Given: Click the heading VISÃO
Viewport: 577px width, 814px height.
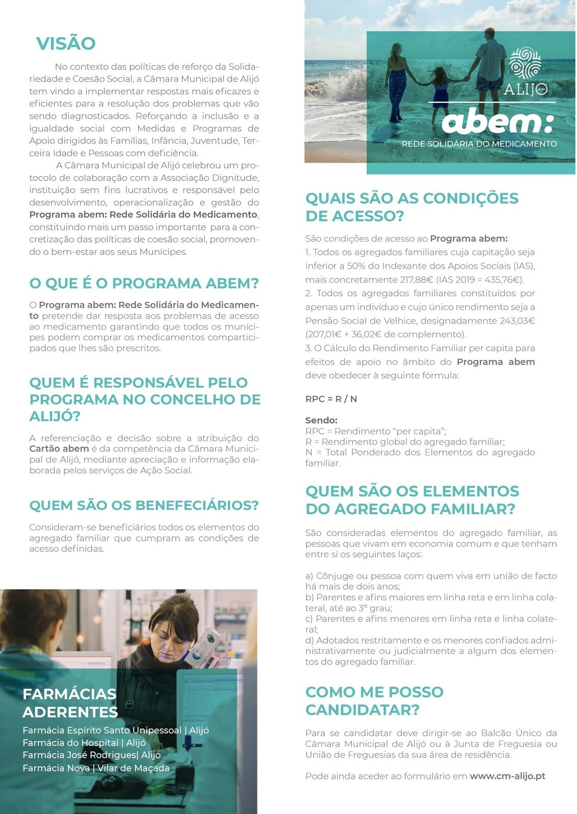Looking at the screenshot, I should pyautogui.click(x=66, y=43).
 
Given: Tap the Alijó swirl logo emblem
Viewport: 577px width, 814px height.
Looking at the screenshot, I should pyautogui.click(x=525, y=64).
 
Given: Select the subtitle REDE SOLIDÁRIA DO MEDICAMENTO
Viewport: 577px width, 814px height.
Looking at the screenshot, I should pyautogui.click(x=479, y=144).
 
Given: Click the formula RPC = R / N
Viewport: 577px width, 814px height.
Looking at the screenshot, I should pyautogui.click(x=331, y=399).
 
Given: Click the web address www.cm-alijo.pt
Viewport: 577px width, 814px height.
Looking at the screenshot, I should pyautogui.click(x=507, y=776).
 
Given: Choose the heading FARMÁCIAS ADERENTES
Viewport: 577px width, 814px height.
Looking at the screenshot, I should pyautogui.click(x=70, y=703).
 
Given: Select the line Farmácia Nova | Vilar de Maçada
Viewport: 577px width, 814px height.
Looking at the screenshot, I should pyautogui.click(x=96, y=768).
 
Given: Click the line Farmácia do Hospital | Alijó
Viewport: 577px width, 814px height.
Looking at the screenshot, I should pyautogui.click(x=84, y=742).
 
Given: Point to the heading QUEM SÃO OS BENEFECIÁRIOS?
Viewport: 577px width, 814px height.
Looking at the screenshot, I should pyautogui.click(x=144, y=505).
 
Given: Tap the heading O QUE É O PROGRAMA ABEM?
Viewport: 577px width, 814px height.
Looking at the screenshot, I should pyautogui.click(x=144, y=283).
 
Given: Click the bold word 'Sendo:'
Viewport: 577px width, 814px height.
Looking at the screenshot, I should pyautogui.click(x=321, y=420).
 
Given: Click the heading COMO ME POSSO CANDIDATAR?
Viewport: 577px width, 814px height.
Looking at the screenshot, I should pyautogui.click(x=374, y=701).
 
